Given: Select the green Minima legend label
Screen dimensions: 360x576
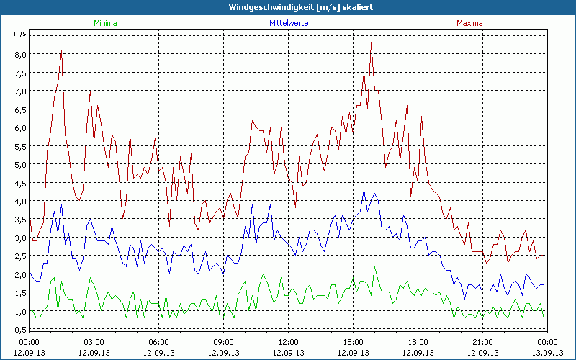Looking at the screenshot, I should click(x=105, y=23).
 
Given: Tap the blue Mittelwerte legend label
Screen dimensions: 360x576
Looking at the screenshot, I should click(x=289, y=23).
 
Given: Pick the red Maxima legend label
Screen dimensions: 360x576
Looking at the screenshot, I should click(x=470, y=23).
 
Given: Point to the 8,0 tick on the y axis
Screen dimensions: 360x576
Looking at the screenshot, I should click(x=19, y=54).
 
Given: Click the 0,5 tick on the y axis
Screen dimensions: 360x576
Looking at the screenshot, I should click(x=19, y=330).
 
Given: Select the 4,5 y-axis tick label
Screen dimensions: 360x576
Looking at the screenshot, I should click(x=19, y=183).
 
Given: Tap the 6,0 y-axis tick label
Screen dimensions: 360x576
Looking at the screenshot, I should click(x=19, y=127).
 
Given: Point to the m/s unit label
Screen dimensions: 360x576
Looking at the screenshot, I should click(x=19, y=33).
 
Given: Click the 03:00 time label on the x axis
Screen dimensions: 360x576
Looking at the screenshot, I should click(x=94, y=342).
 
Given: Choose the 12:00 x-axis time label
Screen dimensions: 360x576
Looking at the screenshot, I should click(x=288, y=342).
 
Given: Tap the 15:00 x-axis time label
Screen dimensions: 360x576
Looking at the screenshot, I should click(x=353, y=342).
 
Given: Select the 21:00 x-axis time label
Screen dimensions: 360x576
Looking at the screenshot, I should click(x=482, y=342).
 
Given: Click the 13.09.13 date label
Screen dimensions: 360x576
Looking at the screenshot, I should click(x=547, y=353).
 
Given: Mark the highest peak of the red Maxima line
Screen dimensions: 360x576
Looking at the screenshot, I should click(x=371, y=43).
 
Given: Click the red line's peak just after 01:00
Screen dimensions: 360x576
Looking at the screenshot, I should click(x=62, y=50).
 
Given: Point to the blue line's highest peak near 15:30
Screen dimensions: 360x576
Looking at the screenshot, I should click(x=364, y=190).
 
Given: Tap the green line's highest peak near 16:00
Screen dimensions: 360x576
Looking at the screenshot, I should click(x=375, y=267).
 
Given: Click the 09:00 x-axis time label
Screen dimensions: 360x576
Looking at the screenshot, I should click(x=223, y=342).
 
